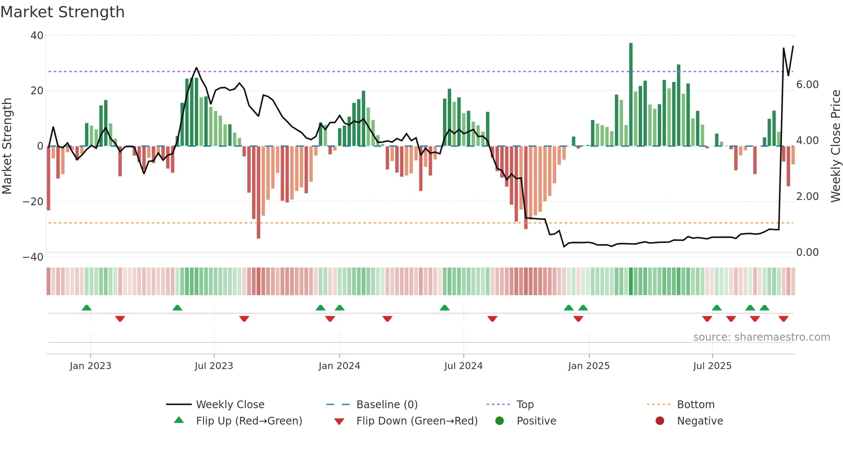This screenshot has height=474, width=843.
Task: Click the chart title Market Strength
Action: tap(62, 12)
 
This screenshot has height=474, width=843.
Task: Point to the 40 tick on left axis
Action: tap(37, 36)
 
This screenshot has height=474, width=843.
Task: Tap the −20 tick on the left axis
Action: tap(33, 202)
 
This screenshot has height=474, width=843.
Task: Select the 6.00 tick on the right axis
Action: tap(807, 85)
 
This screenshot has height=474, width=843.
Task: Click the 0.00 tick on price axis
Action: tap(807, 252)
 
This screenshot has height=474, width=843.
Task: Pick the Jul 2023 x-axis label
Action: tap(214, 366)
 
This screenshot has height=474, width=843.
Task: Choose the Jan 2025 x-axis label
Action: tap(589, 366)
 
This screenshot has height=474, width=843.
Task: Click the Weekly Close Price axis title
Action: tap(835, 146)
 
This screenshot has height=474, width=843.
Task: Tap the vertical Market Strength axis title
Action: tap(7, 146)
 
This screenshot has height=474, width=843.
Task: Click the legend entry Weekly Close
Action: tap(230, 405)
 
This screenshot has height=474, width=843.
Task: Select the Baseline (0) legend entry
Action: tap(387, 405)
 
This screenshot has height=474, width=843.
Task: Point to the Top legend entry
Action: tap(525, 405)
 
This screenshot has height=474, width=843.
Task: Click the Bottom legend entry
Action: tap(695, 405)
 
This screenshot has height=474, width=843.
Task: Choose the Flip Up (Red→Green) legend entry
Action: tap(249, 421)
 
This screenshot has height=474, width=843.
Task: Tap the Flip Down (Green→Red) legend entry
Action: tap(417, 421)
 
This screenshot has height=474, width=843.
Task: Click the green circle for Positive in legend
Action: tap(499, 421)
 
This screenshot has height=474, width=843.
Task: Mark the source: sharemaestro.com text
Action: tap(761, 337)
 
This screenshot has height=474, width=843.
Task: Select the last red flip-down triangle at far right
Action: tap(783, 319)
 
